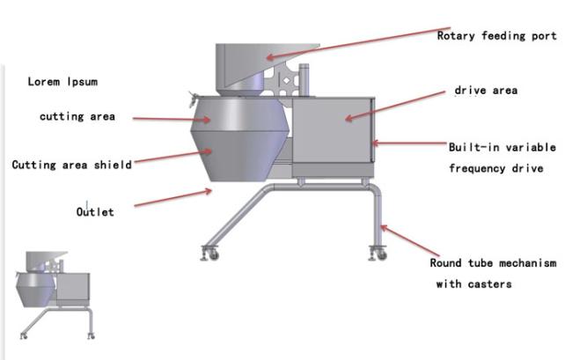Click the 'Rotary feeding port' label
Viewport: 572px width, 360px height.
496,36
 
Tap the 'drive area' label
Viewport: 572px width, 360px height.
486,90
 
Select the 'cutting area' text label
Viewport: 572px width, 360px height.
77,116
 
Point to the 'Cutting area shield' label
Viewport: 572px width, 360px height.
72,165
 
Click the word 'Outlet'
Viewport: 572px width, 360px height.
95,211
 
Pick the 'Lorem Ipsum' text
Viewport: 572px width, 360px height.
62,81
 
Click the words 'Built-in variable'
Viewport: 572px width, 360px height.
502,147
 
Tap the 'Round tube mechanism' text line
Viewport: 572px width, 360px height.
493,263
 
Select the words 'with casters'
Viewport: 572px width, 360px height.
473,283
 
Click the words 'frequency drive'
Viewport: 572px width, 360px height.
496,168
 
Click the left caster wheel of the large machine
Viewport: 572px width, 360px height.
213,254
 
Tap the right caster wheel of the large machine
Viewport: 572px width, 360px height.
381,254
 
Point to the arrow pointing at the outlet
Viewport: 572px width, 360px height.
172,198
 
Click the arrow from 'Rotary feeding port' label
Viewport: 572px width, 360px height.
358,42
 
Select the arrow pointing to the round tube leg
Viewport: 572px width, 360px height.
410,240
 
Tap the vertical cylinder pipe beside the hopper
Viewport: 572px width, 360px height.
304,80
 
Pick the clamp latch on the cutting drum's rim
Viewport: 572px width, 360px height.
193,99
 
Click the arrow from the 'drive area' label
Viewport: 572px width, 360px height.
395,106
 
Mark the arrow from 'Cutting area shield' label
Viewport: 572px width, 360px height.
172,156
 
